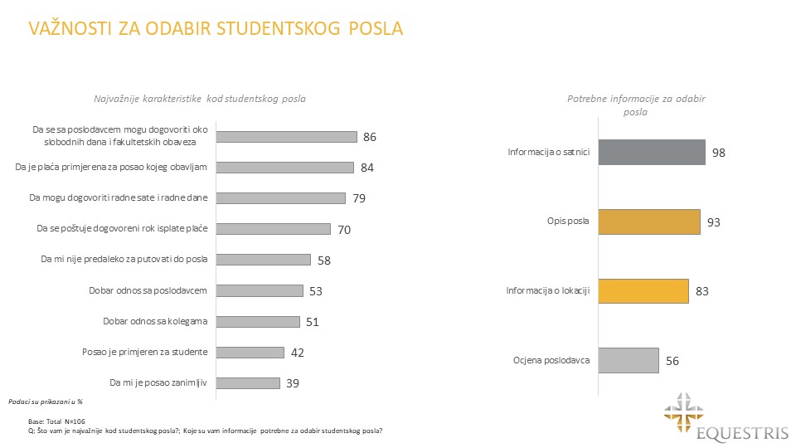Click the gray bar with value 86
click(x=287, y=137)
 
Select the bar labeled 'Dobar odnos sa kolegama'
click(x=258, y=321)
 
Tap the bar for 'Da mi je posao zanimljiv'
click(x=248, y=383)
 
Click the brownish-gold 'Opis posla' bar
click(x=646, y=222)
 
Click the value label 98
click(x=720, y=153)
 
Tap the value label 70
click(x=344, y=229)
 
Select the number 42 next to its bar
click(x=298, y=353)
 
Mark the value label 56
click(x=673, y=362)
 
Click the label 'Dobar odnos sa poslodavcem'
click(x=148, y=290)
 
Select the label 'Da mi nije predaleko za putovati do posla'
click(x=124, y=260)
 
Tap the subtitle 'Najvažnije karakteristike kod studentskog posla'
click(x=200, y=99)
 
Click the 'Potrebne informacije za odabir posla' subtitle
click(x=636, y=105)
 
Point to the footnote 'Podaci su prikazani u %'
click(x=38, y=401)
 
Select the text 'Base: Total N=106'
click(x=57, y=421)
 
